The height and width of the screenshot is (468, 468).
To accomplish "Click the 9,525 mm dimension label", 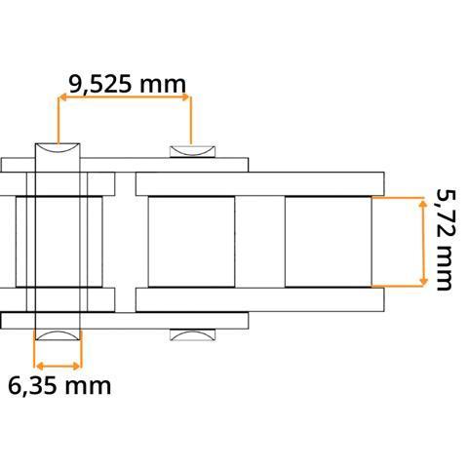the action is tap(127, 85).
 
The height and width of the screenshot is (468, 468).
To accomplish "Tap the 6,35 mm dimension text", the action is tap(59, 386).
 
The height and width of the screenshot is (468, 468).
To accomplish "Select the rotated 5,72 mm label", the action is tap(447, 239).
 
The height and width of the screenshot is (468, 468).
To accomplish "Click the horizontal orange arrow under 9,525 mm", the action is tap(125, 97).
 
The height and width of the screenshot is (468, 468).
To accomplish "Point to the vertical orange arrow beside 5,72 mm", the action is tap(423, 243).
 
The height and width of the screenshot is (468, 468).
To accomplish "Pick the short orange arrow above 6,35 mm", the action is tap(58, 367).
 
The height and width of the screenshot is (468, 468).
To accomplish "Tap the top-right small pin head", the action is tap(192, 152).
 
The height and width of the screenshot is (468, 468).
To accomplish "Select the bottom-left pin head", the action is tap(58, 335).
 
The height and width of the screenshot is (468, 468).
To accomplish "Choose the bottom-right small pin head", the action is tap(192, 335).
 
